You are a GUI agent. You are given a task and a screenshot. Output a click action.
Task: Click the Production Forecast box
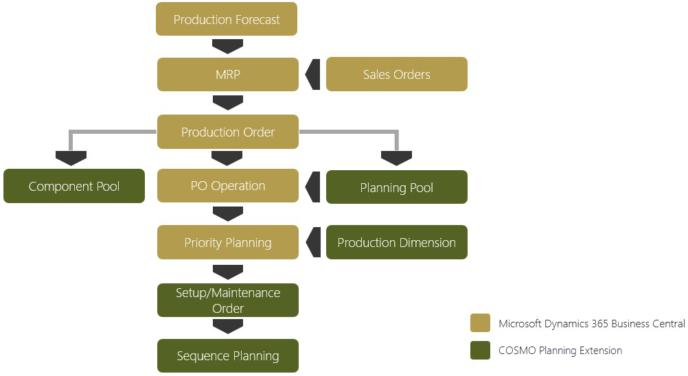tap(227, 19)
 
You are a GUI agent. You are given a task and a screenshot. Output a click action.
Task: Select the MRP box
tap(228, 74)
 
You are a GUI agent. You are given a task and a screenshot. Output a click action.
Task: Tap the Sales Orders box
tap(396, 74)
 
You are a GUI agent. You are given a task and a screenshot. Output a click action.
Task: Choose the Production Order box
tap(228, 132)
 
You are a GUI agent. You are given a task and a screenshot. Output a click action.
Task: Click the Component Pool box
tap(74, 186)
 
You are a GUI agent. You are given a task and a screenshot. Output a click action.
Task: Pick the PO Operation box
tap(228, 186)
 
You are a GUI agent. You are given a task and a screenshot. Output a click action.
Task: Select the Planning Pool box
tap(396, 187)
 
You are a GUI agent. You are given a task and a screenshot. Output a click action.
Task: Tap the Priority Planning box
tap(228, 242)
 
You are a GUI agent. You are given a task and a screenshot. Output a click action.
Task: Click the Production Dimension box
tap(396, 242)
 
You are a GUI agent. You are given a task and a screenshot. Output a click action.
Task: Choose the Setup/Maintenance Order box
tap(228, 301)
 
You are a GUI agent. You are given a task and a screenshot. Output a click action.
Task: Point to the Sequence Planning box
tap(228, 355)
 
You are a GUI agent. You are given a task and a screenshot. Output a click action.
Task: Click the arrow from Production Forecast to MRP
tap(228, 47)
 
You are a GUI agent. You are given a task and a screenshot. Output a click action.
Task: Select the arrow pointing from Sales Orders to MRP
tap(313, 74)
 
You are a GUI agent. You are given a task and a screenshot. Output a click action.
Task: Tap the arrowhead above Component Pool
tap(71, 158)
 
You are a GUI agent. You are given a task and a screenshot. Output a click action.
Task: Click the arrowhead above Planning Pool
tap(396, 158)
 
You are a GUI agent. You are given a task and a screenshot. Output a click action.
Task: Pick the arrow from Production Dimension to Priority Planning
tap(313, 242)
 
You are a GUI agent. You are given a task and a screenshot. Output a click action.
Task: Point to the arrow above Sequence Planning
tap(228, 327)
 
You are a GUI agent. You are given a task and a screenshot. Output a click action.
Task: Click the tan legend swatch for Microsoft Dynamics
tap(480, 323)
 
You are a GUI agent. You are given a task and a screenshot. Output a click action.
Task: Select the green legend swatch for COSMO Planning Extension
tap(480, 351)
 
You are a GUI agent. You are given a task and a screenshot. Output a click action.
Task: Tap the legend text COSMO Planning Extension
tap(560, 351)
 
